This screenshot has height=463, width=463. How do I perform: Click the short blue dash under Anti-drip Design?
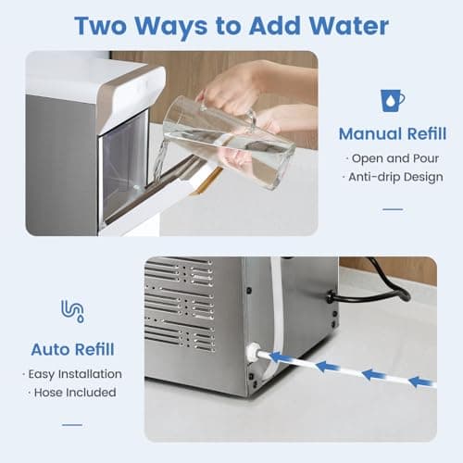pyautogui.click(x=393, y=209)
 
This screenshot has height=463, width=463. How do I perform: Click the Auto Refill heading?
pyautogui.click(x=73, y=349)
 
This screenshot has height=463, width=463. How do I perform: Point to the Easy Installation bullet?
pyautogui.click(x=75, y=374)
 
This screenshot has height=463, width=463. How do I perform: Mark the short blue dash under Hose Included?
pyautogui.click(x=72, y=424)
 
